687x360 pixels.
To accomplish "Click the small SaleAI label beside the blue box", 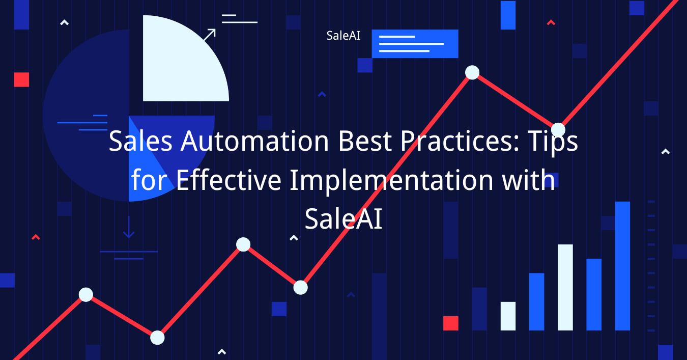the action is click(343, 36).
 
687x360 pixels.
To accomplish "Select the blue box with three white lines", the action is click(415, 44).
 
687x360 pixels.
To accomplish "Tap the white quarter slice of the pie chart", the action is click(181, 62).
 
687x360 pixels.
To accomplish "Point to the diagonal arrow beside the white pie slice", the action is click(210, 35).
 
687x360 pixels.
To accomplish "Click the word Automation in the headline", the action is click(254, 141).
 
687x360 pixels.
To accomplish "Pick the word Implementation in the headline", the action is click(391, 180).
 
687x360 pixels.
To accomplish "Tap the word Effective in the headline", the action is click(228, 180).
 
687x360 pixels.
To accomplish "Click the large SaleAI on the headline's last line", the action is click(343, 219).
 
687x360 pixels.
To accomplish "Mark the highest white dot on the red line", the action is click(472, 72).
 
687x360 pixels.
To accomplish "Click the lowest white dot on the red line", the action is click(157, 338).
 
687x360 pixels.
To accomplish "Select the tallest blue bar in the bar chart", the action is click(622, 266).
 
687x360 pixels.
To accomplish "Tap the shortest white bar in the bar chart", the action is click(508, 316).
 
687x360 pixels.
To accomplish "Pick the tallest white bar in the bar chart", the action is click(565, 287).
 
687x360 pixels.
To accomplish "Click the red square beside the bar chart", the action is click(451, 323).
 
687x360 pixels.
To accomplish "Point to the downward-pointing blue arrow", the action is click(129, 227).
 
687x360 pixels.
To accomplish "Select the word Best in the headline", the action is click(365, 141).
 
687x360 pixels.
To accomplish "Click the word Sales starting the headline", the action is click(140, 141).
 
